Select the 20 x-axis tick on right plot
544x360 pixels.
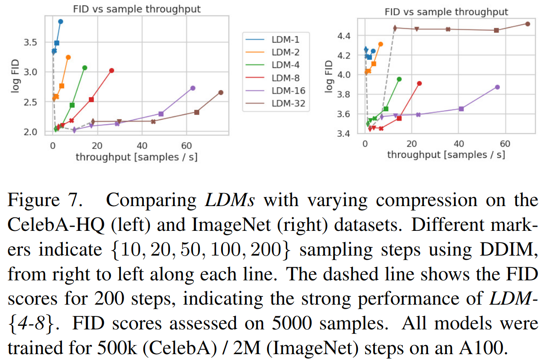coord(411,144)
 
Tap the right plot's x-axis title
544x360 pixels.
coord(446,155)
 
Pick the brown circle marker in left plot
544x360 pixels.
coord(221,92)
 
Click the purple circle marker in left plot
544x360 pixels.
coord(193,88)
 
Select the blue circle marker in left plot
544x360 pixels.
coord(61,21)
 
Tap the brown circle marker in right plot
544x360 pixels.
coord(528,24)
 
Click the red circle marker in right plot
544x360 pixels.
coord(419,83)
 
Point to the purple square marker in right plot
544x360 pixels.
coord(461,108)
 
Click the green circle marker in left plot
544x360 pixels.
coord(85,67)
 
